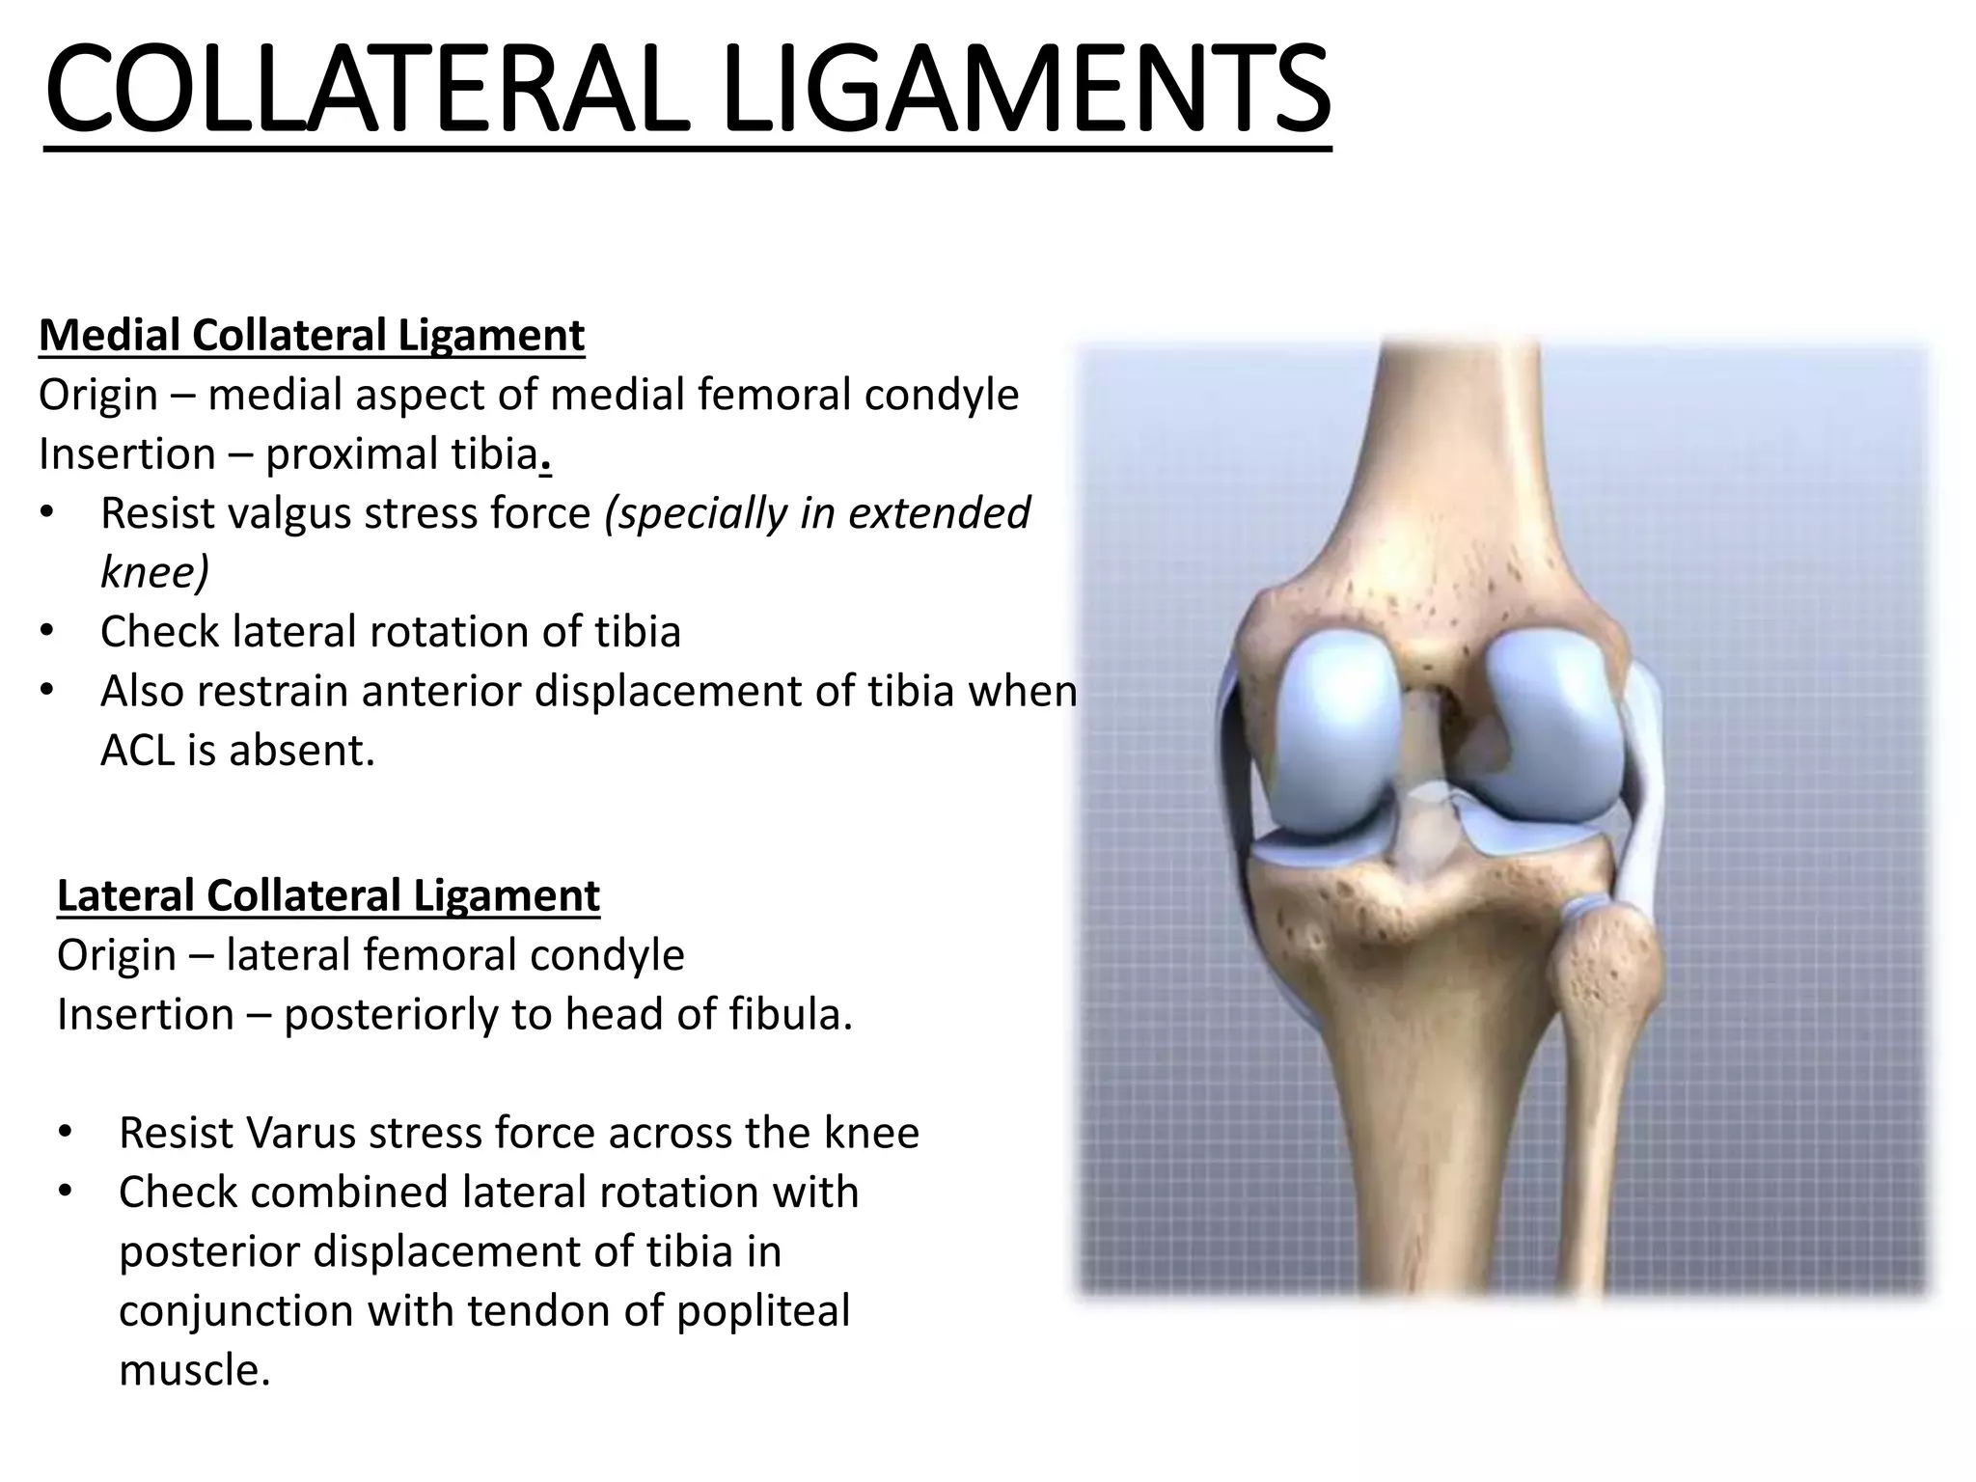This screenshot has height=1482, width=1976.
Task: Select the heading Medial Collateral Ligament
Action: coord(312,336)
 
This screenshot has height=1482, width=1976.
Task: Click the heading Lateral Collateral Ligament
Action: coord(328,895)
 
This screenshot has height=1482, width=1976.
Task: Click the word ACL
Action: coord(138,751)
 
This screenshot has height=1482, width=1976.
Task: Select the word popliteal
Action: coord(763,1310)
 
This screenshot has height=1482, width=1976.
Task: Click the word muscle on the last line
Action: coord(192,1370)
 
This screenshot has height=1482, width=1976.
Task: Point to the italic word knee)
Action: coord(154,572)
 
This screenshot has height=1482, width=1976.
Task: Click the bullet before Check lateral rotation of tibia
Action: coord(47,633)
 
